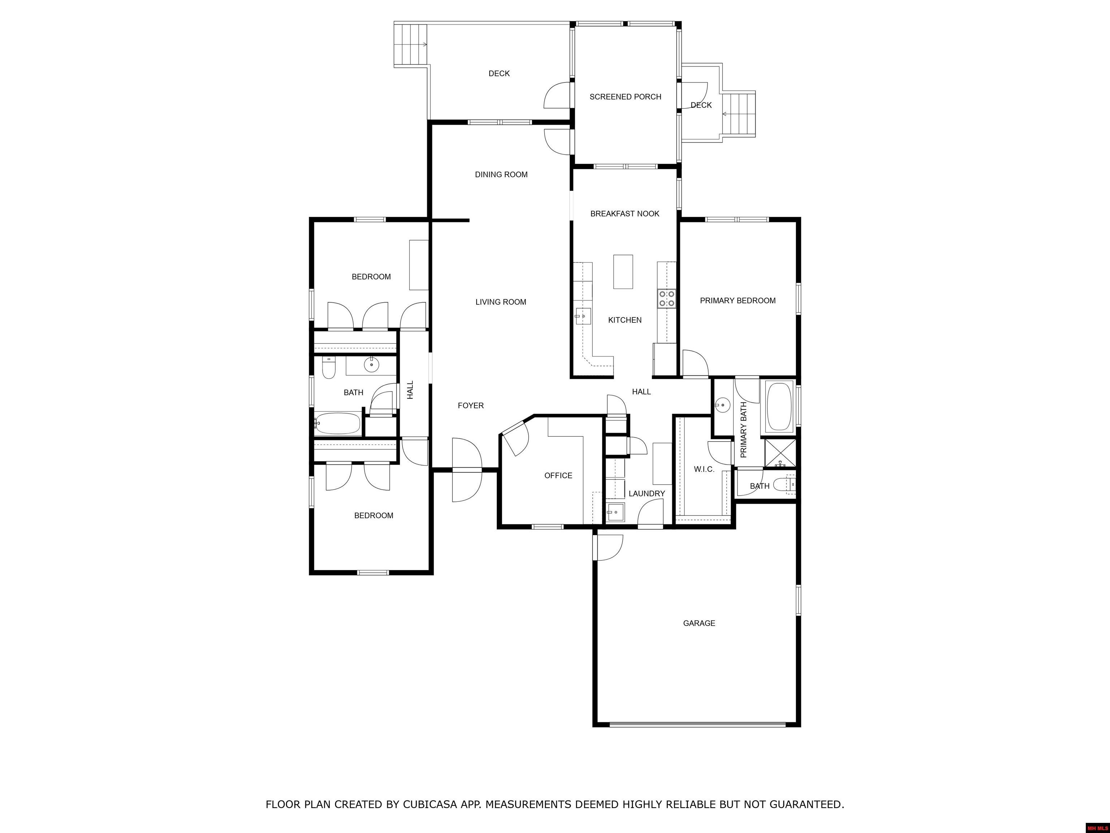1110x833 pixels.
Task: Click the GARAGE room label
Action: coord(699,623)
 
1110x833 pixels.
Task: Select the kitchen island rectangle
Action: coord(623,272)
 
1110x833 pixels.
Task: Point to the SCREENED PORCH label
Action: coord(625,97)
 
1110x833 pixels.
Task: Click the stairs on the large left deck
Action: coord(410,45)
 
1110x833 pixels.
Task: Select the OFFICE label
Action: coord(558,475)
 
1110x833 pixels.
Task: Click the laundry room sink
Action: coord(615,513)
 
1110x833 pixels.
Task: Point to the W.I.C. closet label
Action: coord(704,469)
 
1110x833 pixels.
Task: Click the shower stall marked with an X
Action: coord(780,453)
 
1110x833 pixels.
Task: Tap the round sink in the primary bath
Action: coord(722,405)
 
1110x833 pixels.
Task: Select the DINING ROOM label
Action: coord(501,175)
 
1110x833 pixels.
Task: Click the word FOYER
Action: coord(471,406)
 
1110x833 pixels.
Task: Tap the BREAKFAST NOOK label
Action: coord(625,214)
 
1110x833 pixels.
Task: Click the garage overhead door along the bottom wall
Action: coord(697,724)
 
